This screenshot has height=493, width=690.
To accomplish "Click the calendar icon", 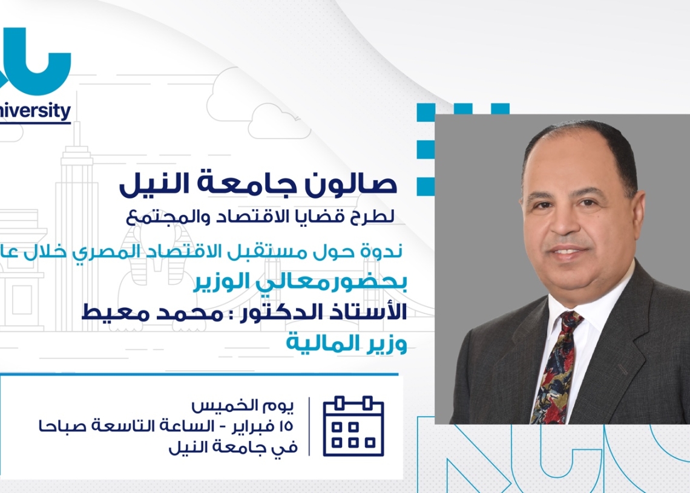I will pyautogui.click(x=353, y=426).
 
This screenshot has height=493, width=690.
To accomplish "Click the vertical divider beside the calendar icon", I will pyautogui.click(x=309, y=426).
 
